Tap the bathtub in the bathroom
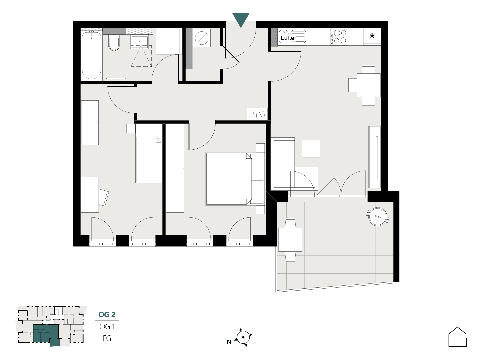point(91,55)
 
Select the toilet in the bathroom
point(114,43)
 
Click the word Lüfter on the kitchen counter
point(288,38)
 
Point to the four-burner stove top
point(339,37)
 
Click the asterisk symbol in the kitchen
point(372,36)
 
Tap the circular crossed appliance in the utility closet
point(202,38)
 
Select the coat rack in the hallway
point(257,114)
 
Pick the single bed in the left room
point(148,153)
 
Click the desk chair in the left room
point(103,197)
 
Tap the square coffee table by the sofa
point(311,149)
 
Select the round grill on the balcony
point(378,216)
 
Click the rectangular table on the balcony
point(290,239)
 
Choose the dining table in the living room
point(368,85)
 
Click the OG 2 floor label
point(107,315)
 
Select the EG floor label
point(107,338)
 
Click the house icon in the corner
point(457,337)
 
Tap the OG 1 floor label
point(107,327)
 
